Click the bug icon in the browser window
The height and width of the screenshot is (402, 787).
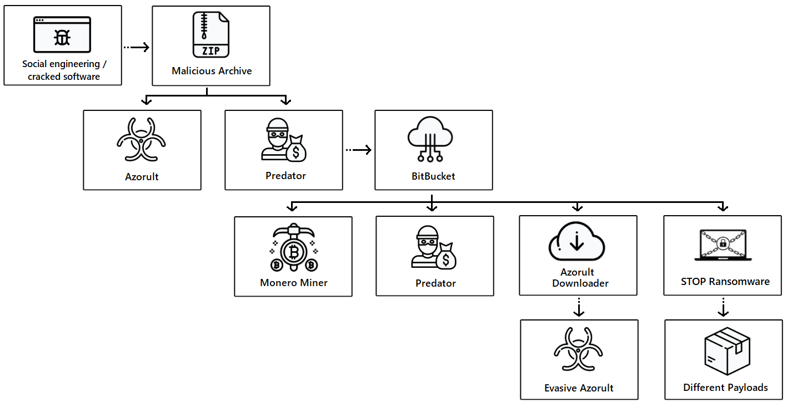(x=62, y=38)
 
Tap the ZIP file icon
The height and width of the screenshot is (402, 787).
(x=211, y=34)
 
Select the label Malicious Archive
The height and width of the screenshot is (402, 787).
(x=212, y=71)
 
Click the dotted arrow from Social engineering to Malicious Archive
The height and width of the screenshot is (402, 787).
(x=137, y=47)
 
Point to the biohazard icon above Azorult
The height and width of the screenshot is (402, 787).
(x=141, y=139)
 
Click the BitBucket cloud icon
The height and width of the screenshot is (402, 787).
(x=430, y=139)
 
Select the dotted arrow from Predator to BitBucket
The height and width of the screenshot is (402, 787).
(x=359, y=150)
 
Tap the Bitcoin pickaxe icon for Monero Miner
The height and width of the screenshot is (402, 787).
(x=294, y=247)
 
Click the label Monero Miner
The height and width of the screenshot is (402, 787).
(x=294, y=283)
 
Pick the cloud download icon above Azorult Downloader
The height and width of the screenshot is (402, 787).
(x=577, y=241)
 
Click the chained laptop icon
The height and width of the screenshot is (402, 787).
(x=723, y=245)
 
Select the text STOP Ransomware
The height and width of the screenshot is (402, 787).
(x=725, y=281)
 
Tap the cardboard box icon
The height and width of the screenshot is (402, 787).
(x=727, y=351)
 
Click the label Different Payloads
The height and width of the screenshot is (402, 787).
(x=725, y=387)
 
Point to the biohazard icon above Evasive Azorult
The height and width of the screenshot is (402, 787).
(x=578, y=349)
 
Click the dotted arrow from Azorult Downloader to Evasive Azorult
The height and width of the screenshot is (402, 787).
(x=579, y=307)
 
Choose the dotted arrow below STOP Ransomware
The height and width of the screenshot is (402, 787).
(x=723, y=307)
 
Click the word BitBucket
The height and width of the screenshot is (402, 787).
(x=433, y=176)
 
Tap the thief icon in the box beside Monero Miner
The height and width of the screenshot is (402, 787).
(x=434, y=247)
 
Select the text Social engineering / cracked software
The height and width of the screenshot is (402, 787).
(x=64, y=70)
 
